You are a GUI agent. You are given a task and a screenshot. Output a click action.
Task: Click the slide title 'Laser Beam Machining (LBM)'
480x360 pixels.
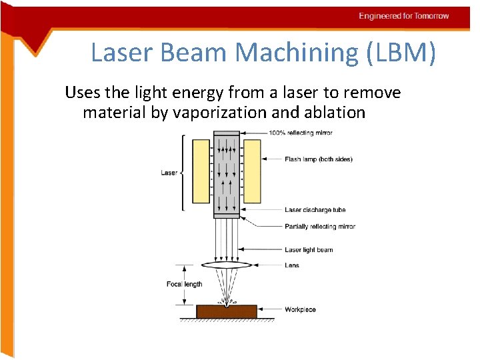pyautogui.click(x=263, y=52)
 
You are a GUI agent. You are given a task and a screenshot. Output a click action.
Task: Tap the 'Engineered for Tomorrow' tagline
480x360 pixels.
pyautogui.click(x=404, y=16)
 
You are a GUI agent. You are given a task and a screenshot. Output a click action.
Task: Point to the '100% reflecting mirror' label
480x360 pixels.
pyautogui.click(x=301, y=133)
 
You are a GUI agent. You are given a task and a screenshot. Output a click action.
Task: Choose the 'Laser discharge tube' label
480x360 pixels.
pyautogui.click(x=315, y=210)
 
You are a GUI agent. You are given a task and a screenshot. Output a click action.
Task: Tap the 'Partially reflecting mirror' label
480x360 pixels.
pyautogui.click(x=320, y=227)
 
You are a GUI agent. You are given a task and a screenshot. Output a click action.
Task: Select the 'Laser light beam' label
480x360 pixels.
pyautogui.click(x=309, y=250)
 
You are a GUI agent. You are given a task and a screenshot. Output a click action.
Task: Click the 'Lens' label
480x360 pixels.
pyautogui.click(x=292, y=265)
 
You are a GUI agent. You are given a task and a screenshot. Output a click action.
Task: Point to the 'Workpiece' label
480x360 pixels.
pyautogui.click(x=300, y=309)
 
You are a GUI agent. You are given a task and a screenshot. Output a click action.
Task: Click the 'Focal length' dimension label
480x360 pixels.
pyautogui.click(x=184, y=284)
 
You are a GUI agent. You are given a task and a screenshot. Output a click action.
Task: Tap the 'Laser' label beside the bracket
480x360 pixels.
pyautogui.click(x=169, y=173)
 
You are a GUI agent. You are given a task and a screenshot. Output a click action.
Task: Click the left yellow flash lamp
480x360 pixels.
pyautogui.click(x=201, y=171)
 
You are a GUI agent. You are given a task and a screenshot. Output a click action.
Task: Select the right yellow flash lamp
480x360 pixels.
pyautogui.click(x=252, y=171)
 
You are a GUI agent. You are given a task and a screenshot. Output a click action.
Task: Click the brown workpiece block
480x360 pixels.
pyautogui.click(x=227, y=311)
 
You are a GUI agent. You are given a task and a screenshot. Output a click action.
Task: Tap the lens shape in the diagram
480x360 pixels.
pyautogui.click(x=226, y=265)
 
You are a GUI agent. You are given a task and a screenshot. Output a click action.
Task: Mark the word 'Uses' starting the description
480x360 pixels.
pyautogui.click(x=81, y=93)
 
